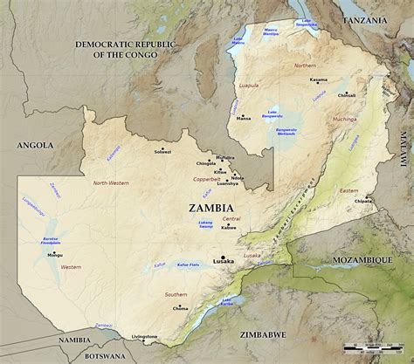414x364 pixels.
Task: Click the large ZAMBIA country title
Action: tap(210, 208)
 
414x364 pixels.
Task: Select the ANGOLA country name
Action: tap(35, 145)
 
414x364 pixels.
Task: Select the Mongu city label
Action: tap(55, 255)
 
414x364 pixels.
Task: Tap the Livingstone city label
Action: tap(144, 336)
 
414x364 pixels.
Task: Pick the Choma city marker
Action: tap(181, 302)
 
